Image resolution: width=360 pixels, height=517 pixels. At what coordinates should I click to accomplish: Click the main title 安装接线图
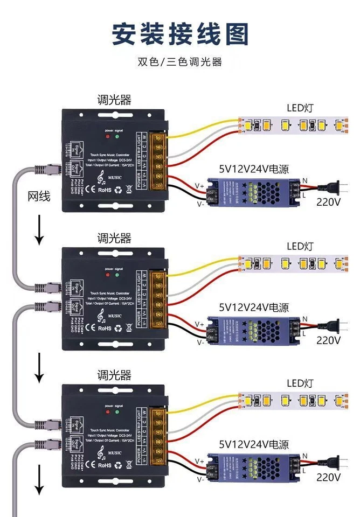(x=180, y=33)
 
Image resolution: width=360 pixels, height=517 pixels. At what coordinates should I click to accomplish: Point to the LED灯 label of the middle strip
(x=300, y=246)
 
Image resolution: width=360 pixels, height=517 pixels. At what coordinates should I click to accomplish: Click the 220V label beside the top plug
(x=329, y=202)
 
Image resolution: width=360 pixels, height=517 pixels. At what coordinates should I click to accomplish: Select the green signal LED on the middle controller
(x=117, y=275)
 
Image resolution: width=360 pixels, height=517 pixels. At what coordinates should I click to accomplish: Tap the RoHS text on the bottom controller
(x=105, y=465)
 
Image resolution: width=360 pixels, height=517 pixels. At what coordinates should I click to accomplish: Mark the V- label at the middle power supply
(x=200, y=341)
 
